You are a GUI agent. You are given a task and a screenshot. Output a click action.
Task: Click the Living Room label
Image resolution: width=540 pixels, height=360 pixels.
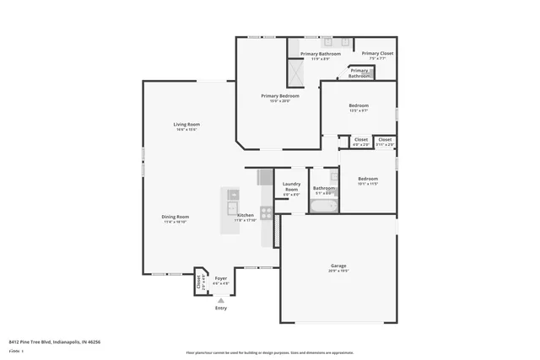click(x=187, y=124)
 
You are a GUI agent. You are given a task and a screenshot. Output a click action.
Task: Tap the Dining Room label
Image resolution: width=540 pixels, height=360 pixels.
click(x=175, y=217)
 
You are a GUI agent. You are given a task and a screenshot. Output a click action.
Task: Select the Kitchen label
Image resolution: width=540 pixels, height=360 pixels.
click(x=246, y=215)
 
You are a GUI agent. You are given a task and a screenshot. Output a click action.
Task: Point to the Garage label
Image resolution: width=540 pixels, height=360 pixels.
click(x=337, y=266)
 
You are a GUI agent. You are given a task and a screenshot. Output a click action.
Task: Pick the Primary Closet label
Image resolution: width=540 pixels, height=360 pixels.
click(x=377, y=53)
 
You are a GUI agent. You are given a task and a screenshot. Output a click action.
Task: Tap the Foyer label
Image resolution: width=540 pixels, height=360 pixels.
click(x=221, y=278)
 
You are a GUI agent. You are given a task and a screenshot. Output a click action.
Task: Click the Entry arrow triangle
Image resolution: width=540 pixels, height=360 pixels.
click(x=221, y=299)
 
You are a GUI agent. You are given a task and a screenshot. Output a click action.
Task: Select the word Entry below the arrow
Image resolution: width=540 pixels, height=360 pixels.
click(x=221, y=308)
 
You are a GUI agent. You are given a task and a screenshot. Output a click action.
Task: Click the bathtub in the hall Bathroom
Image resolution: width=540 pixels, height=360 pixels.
click(x=323, y=205)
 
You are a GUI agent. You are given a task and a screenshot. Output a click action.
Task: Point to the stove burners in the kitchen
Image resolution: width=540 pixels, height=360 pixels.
click(x=266, y=212)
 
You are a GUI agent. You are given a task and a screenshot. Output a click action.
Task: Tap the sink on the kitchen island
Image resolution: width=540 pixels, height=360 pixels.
click(x=232, y=207)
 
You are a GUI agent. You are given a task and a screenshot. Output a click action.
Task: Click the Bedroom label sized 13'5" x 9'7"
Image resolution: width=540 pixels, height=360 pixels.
click(x=359, y=105)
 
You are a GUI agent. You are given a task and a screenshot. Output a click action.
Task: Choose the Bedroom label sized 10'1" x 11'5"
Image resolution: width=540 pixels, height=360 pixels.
click(x=368, y=178)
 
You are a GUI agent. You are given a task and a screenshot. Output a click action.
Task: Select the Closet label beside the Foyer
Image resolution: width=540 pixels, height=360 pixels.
click(x=199, y=282)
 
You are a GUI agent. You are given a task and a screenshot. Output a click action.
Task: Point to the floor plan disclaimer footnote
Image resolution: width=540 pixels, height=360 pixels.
click(x=270, y=352)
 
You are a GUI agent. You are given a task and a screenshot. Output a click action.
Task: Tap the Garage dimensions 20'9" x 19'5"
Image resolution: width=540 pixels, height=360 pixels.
click(x=337, y=271)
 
